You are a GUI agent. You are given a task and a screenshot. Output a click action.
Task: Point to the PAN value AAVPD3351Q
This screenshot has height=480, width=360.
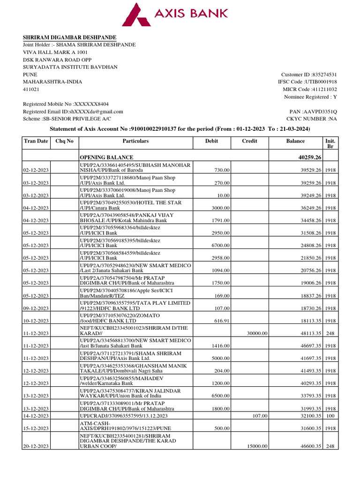click(x=321, y=112)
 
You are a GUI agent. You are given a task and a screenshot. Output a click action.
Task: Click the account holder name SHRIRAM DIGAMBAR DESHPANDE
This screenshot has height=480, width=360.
click(x=70, y=37)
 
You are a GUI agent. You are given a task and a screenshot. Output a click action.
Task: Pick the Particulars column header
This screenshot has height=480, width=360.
click(x=135, y=141)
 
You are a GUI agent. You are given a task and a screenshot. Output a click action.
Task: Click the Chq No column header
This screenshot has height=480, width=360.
click(x=64, y=141)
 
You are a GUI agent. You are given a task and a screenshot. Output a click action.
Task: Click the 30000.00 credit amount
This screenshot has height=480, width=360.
click(x=257, y=333)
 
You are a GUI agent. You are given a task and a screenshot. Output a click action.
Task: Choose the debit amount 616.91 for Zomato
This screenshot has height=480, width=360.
click(x=220, y=321)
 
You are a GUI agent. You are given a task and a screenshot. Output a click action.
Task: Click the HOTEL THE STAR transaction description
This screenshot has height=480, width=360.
click(x=131, y=205)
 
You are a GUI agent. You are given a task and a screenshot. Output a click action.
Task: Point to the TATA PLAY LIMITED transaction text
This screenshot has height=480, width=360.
click(x=135, y=305)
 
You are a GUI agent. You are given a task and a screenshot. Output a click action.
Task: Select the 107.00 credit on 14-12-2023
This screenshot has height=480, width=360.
click(x=260, y=415)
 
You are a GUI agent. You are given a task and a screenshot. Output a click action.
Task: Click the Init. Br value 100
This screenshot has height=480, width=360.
click(x=330, y=415)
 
